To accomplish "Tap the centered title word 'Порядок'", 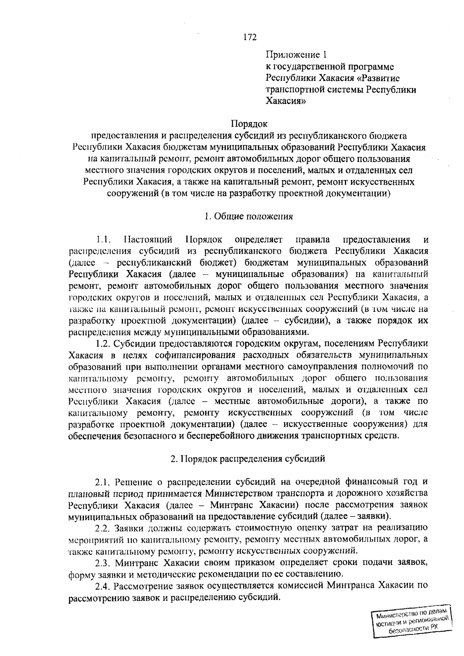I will [249, 124].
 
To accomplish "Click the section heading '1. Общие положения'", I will [249, 216].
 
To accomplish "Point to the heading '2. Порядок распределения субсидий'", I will [248, 459].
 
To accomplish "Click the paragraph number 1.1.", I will [104, 240].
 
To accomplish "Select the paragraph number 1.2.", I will [104, 343].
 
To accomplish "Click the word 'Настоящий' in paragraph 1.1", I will [148, 240].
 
